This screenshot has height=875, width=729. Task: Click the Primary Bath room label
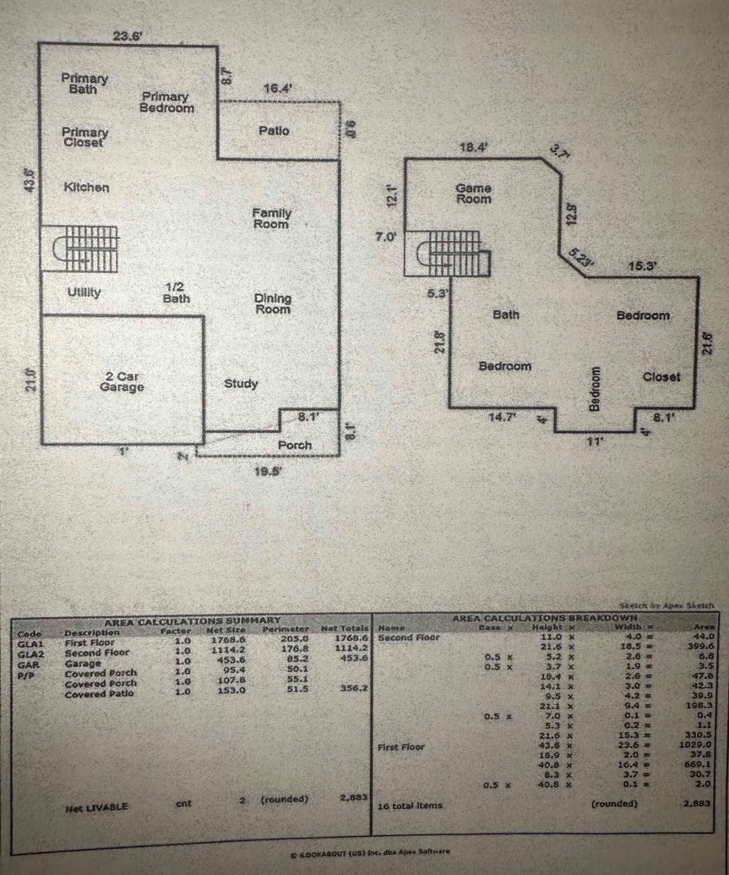click(84, 83)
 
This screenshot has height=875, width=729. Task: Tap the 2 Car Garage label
click(121, 382)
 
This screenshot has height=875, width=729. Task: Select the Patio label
click(274, 130)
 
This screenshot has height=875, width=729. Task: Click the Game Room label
click(473, 193)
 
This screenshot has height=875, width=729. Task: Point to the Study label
click(241, 383)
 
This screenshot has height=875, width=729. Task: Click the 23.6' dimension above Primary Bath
click(127, 36)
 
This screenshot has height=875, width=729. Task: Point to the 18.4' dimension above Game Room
click(473, 147)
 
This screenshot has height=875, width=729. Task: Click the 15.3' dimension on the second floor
click(643, 265)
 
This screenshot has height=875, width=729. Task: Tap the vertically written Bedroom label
click(594, 389)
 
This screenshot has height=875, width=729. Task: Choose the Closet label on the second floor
click(661, 377)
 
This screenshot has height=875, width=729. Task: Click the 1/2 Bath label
click(176, 293)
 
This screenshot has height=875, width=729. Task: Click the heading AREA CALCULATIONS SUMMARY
click(192, 620)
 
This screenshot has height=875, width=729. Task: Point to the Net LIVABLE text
click(96, 807)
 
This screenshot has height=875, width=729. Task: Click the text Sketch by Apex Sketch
click(666, 606)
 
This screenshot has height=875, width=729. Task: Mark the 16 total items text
click(410, 806)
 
